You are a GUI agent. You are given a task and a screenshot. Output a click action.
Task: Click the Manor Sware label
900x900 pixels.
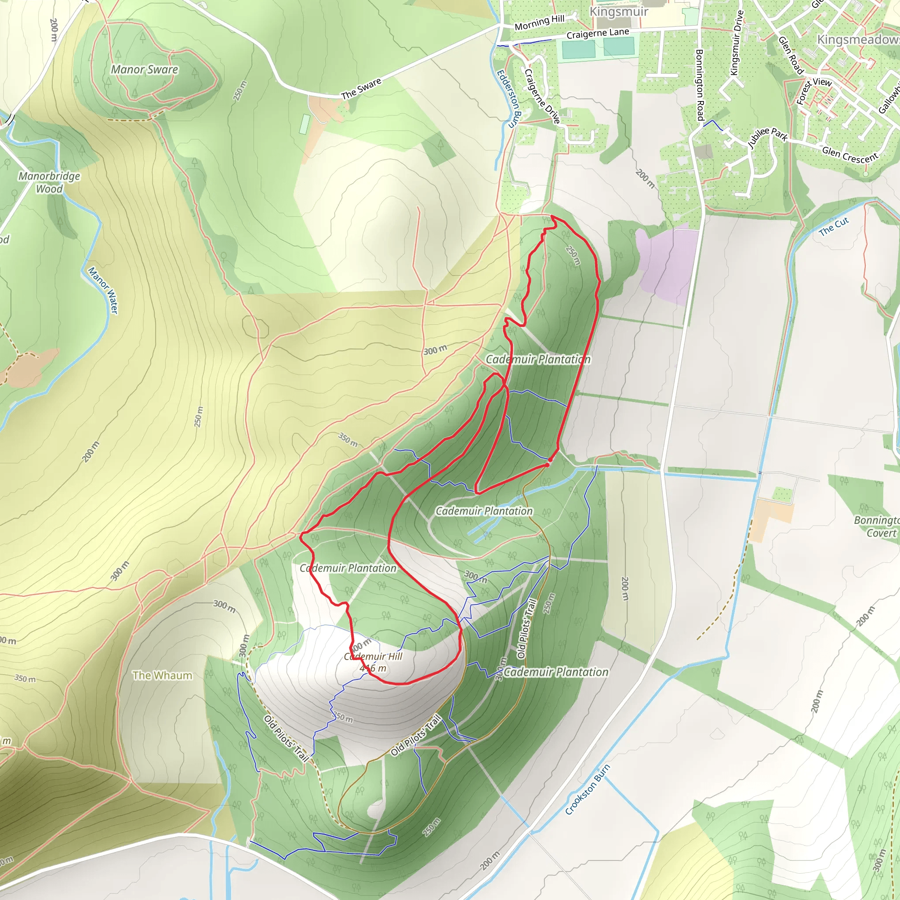(145, 70)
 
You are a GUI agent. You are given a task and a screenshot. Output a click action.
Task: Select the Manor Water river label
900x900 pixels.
(103, 290)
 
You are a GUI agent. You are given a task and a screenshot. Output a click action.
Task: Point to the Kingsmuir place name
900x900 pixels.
(619, 12)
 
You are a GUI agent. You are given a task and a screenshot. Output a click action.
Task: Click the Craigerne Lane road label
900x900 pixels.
(598, 33)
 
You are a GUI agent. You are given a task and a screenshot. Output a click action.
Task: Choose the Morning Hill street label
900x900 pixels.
(540, 22)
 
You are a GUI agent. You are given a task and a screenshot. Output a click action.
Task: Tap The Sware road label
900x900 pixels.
(361, 88)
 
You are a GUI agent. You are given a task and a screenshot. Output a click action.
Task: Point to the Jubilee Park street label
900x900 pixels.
(767, 137)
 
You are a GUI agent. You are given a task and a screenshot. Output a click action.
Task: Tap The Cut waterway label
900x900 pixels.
(834, 226)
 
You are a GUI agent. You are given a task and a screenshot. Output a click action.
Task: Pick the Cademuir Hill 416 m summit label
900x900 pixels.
(373, 662)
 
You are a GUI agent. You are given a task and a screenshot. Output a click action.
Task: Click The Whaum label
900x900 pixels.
(162, 675)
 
